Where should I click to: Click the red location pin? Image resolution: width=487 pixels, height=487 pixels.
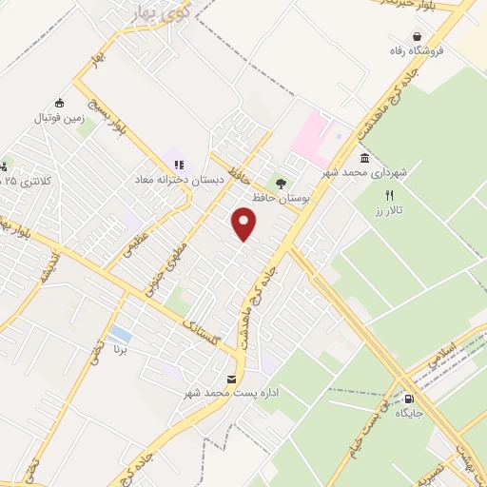pos(245,224)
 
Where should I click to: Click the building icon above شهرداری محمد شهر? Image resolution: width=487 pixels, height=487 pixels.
pos(364,158)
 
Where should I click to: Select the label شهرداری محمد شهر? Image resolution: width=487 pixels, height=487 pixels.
pos(364,173)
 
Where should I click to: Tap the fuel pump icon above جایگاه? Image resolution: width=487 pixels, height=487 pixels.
pos(409,399)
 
